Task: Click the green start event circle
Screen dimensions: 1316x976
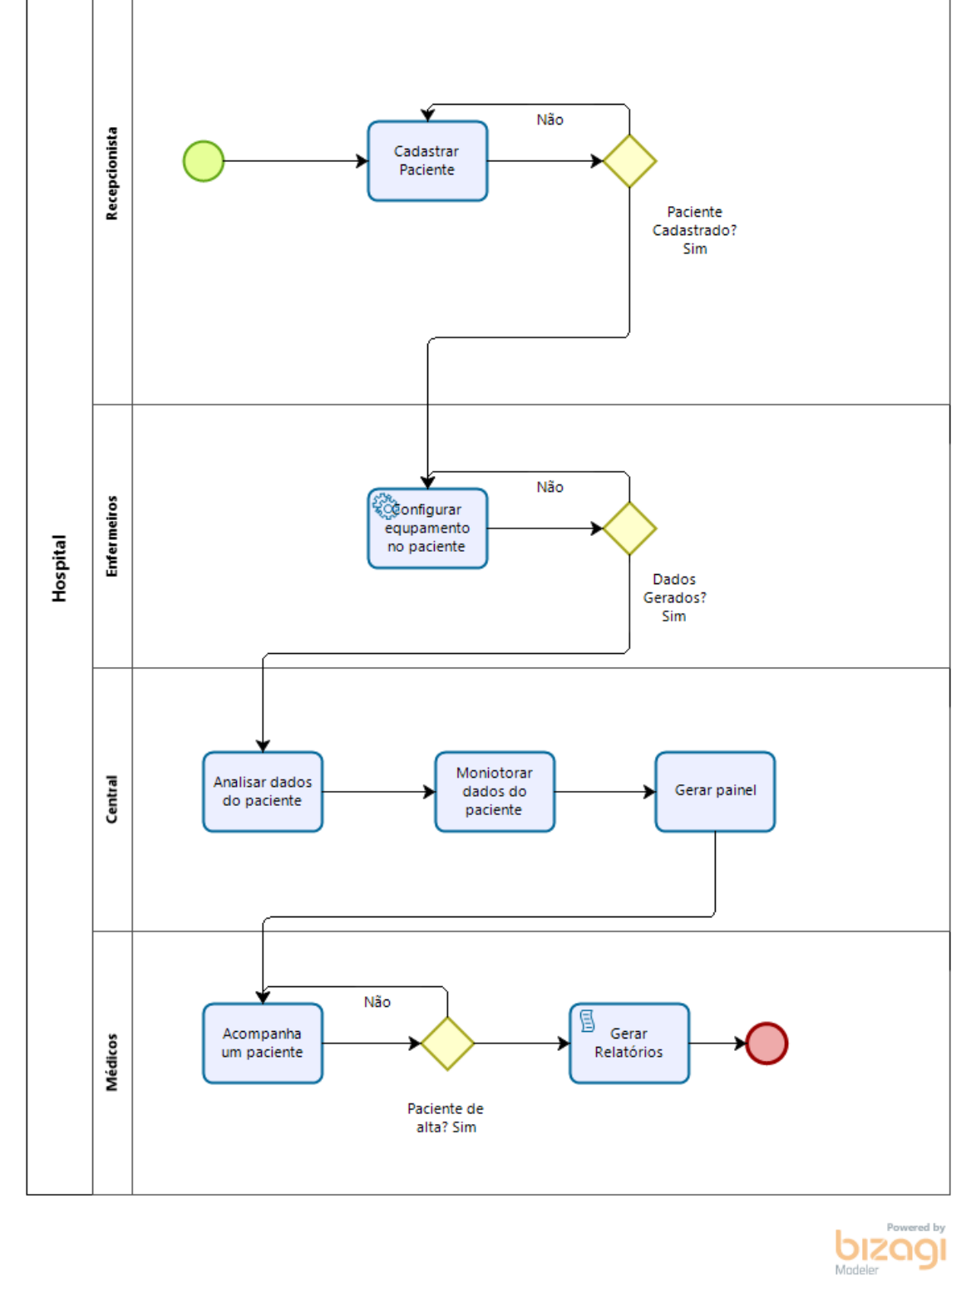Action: [x=204, y=161]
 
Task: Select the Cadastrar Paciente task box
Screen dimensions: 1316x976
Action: [x=427, y=161]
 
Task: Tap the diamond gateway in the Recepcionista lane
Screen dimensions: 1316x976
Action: [x=629, y=161]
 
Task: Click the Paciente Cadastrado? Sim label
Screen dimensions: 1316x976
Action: [x=694, y=230]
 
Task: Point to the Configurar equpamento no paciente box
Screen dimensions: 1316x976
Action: [x=427, y=529]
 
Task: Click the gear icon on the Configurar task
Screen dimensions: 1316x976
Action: [x=384, y=505]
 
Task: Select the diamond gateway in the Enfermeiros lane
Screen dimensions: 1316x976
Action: [x=629, y=528]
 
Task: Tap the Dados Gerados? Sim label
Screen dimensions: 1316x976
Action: [x=674, y=597]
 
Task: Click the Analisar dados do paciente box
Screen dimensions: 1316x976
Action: [x=263, y=792]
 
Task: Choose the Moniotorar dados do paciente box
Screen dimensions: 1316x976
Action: [x=495, y=792]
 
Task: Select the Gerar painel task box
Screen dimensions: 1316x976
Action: [x=715, y=792]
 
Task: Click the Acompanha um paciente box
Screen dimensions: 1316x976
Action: [x=263, y=1043]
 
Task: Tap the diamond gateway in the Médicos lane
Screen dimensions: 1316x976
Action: [x=447, y=1043]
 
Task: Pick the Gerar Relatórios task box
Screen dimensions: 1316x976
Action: [x=629, y=1043]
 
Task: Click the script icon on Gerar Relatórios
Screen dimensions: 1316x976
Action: [x=587, y=1021]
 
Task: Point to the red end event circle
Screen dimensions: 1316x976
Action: [x=767, y=1043]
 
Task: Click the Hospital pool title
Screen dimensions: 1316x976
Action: [x=59, y=568]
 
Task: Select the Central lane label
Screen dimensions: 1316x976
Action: [x=112, y=799]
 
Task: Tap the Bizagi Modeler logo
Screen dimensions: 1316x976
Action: [x=890, y=1249]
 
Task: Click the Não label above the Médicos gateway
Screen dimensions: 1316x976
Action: [x=377, y=1002]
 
